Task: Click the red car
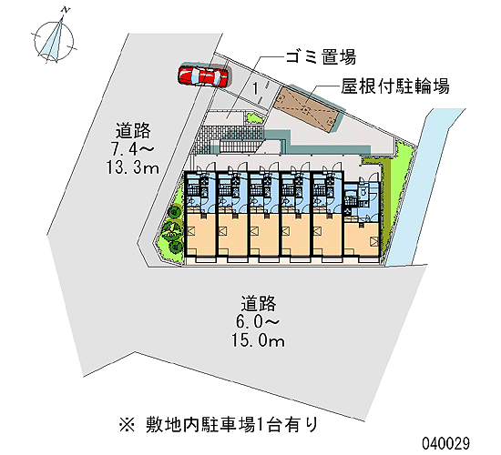point(203,76)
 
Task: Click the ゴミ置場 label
point(321,56)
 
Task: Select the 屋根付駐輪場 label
point(395,86)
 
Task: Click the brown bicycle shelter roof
point(306,108)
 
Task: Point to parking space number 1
point(255,89)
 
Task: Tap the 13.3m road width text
point(133,167)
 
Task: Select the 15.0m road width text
point(258,340)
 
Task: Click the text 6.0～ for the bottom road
point(258,322)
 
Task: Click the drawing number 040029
point(446,443)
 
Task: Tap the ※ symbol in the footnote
point(128,425)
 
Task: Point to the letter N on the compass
point(66,10)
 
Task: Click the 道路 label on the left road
point(133,130)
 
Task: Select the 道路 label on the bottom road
point(258,303)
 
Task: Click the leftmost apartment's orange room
point(200,233)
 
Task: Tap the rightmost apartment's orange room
point(362,238)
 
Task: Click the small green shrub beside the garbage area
point(254,118)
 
